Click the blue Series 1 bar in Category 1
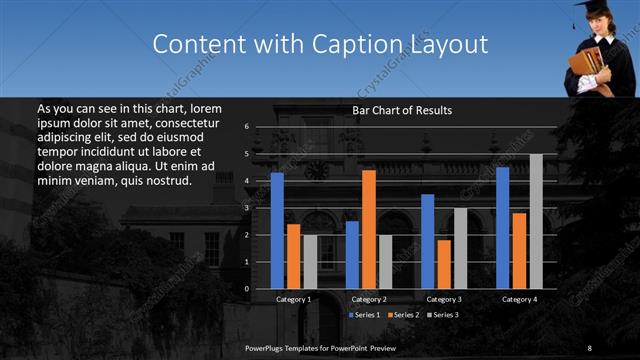277,231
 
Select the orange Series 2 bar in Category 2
369,229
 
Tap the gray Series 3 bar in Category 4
536,221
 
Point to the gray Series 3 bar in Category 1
310,262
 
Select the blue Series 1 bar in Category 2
352,255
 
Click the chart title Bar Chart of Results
402,110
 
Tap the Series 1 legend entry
362,315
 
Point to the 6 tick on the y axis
246,127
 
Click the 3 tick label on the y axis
246,208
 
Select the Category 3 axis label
444,299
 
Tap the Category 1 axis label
294,299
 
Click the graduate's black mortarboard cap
586,10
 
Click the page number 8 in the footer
590,347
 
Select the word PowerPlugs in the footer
265,347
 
